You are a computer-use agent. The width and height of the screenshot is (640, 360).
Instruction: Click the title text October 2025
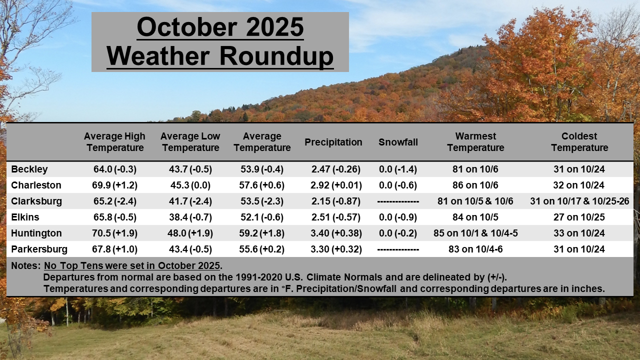click(x=220, y=27)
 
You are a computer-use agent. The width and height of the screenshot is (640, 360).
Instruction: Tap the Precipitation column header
click(x=333, y=142)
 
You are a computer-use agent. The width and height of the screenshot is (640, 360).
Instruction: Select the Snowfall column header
click(x=398, y=142)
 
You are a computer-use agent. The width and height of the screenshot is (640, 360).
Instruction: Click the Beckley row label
click(x=29, y=169)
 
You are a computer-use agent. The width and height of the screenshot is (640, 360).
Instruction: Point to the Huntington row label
click(x=36, y=233)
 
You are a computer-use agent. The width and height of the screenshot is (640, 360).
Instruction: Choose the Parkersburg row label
click(x=39, y=249)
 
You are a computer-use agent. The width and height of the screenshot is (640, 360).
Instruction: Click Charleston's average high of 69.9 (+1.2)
click(x=114, y=185)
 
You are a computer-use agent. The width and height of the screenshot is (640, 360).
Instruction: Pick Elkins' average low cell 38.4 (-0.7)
click(x=190, y=217)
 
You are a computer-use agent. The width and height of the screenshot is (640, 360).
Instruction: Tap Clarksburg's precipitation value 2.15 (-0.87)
click(x=335, y=201)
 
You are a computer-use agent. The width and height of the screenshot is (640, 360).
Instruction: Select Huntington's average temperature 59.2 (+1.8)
click(x=261, y=233)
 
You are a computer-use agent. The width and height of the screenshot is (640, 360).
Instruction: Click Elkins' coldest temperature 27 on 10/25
click(x=579, y=217)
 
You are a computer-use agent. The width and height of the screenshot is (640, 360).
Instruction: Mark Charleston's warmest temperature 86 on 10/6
click(x=475, y=185)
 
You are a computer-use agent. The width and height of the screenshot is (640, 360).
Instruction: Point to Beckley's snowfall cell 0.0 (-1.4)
click(x=397, y=169)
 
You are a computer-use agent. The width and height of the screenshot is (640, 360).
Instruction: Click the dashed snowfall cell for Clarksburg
click(x=398, y=201)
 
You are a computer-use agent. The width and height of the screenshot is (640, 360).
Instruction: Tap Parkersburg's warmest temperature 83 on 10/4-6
click(x=475, y=249)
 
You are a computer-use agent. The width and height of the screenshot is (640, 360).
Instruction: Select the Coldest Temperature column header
click(x=579, y=142)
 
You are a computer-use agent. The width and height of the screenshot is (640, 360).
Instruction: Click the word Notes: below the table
click(x=25, y=265)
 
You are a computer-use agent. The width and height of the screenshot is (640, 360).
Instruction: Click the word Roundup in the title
click(x=276, y=56)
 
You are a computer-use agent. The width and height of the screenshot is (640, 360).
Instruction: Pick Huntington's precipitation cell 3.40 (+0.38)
click(x=336, y=233)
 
